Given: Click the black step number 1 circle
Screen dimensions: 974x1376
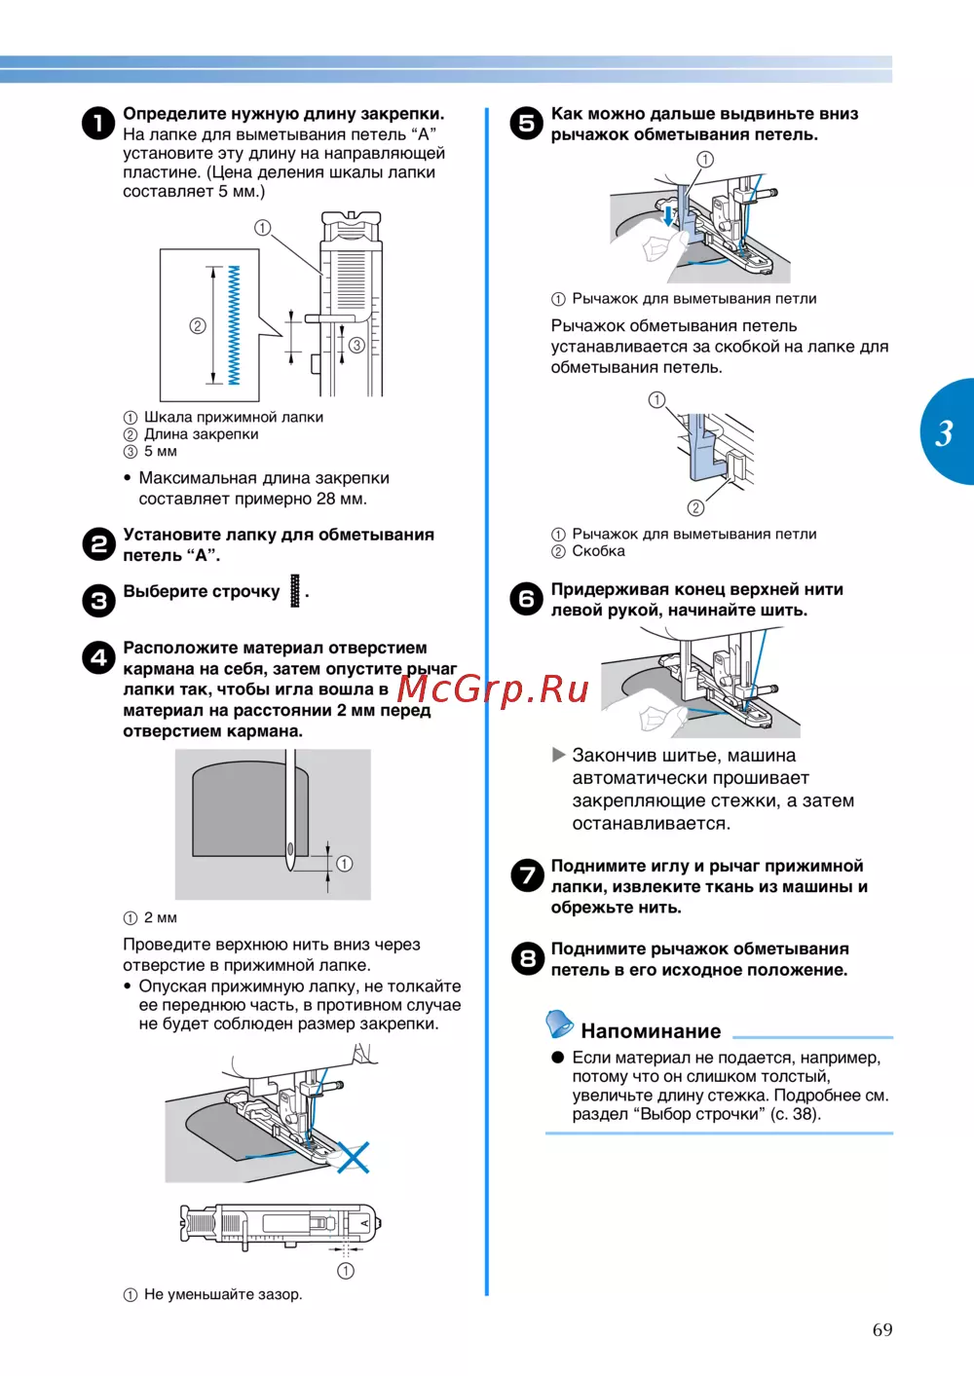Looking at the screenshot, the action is [98, 123].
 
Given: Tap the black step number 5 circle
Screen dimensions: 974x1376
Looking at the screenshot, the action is [527, 123].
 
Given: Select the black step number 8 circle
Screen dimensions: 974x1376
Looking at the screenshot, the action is [528, 958].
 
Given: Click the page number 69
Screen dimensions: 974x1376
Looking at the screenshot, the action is [882, 1330].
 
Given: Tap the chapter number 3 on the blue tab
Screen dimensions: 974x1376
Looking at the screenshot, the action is [944, 433].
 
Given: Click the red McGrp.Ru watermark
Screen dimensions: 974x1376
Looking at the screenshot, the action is [493, 688].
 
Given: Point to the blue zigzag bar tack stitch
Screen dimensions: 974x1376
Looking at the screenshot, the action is [234, 325].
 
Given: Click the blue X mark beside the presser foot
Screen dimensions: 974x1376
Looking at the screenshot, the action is [354, 1157].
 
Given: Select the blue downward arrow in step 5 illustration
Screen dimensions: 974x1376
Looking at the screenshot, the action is [669, 215].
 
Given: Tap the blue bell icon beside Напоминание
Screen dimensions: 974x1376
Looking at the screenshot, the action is [559, 1023].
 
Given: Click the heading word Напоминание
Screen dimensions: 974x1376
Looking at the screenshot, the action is [651, 1030].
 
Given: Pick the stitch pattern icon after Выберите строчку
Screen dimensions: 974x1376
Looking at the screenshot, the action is [295, 591].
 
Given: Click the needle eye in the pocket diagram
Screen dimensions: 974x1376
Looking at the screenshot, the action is [290, 849].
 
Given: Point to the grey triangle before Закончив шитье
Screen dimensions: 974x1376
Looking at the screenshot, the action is [559, 755].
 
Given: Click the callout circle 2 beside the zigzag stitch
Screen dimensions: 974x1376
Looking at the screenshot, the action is [198, 325].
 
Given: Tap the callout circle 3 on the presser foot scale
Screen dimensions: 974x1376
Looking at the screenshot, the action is [357, 345].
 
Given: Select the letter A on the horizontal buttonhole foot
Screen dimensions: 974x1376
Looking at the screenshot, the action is [364, 1223].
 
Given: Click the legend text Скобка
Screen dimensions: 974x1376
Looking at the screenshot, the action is [599, 551].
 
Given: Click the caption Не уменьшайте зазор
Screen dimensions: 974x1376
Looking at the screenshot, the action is [223, 1294].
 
